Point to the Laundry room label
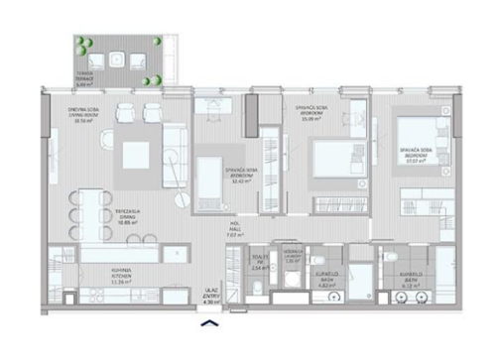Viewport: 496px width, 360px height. pos(291,256)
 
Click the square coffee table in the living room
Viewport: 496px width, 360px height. pos(135,155)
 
